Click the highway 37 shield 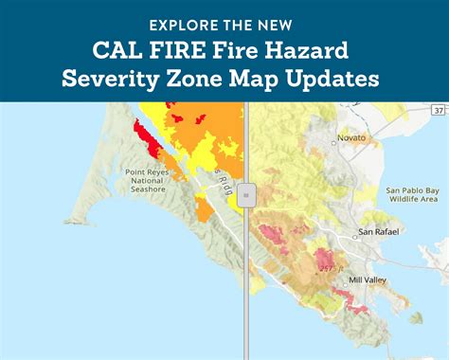tap(438, 112)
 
